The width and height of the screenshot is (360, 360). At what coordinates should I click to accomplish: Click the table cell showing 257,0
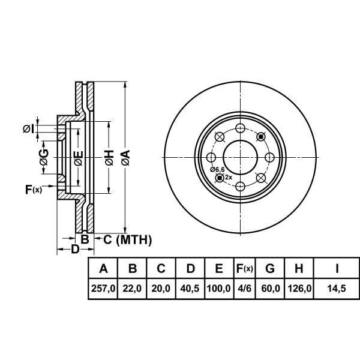click(x=103, y=289)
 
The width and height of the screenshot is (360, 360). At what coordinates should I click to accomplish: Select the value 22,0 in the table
click(x=132, y=289)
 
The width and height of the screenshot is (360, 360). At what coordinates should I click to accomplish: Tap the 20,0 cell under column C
click(x=161, y=289)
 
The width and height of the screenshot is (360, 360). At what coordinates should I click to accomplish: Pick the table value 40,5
click(x=190, y=289)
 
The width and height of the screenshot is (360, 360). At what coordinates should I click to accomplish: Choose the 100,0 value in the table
click(x=219, y=289)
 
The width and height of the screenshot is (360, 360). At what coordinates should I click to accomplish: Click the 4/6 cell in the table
click(x=244, y=289)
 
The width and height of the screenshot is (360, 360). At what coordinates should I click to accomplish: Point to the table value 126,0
click(x=300, y=289)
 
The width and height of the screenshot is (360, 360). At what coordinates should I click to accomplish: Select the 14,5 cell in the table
click(x=338, y=289)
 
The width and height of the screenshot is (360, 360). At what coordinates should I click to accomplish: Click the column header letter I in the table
click(x=338, y=268)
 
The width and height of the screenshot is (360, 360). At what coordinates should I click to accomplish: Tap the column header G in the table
click(x=271, y=268)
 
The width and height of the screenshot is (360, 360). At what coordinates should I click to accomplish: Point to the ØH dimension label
click(x=109, y=158)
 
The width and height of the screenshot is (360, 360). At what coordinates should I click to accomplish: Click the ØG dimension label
click(x=44, y=158)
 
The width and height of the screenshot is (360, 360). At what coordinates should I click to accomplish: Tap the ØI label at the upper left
click(x=28, y=128)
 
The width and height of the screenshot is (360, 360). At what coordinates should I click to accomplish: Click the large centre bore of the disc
click(x=240, y=157)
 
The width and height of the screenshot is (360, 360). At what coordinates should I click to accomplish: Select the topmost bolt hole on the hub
click(x=240, y=128)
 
